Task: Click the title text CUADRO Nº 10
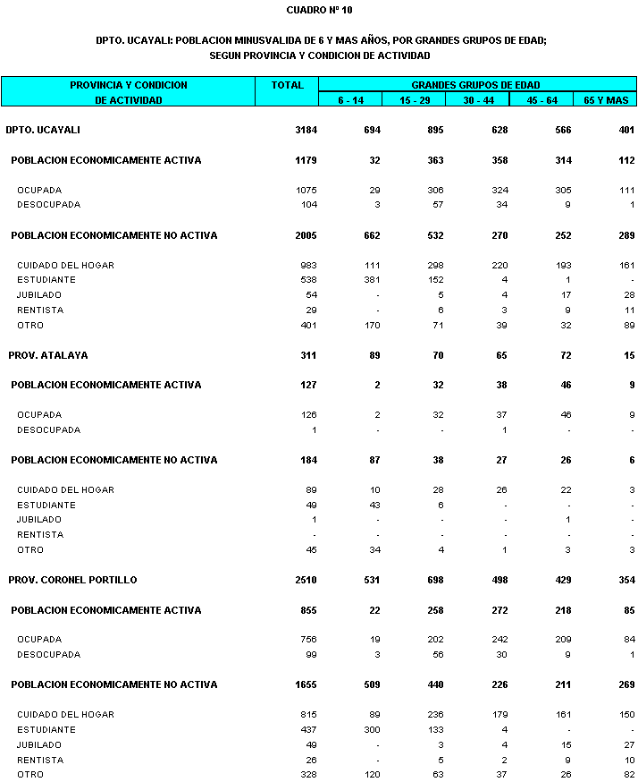[320, 10]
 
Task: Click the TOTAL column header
[287, 85]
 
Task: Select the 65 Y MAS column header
[606, 100]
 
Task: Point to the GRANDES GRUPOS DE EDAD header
[475, 85]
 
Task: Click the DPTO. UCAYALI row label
[43, 130]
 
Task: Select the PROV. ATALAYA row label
[48, 355]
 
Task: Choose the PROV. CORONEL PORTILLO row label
[73, 580]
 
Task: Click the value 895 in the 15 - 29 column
[435, 130]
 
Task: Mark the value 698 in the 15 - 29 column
[435, 580]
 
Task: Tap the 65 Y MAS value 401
[625, 130]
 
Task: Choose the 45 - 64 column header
[541, 100]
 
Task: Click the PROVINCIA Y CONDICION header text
[129, 85]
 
